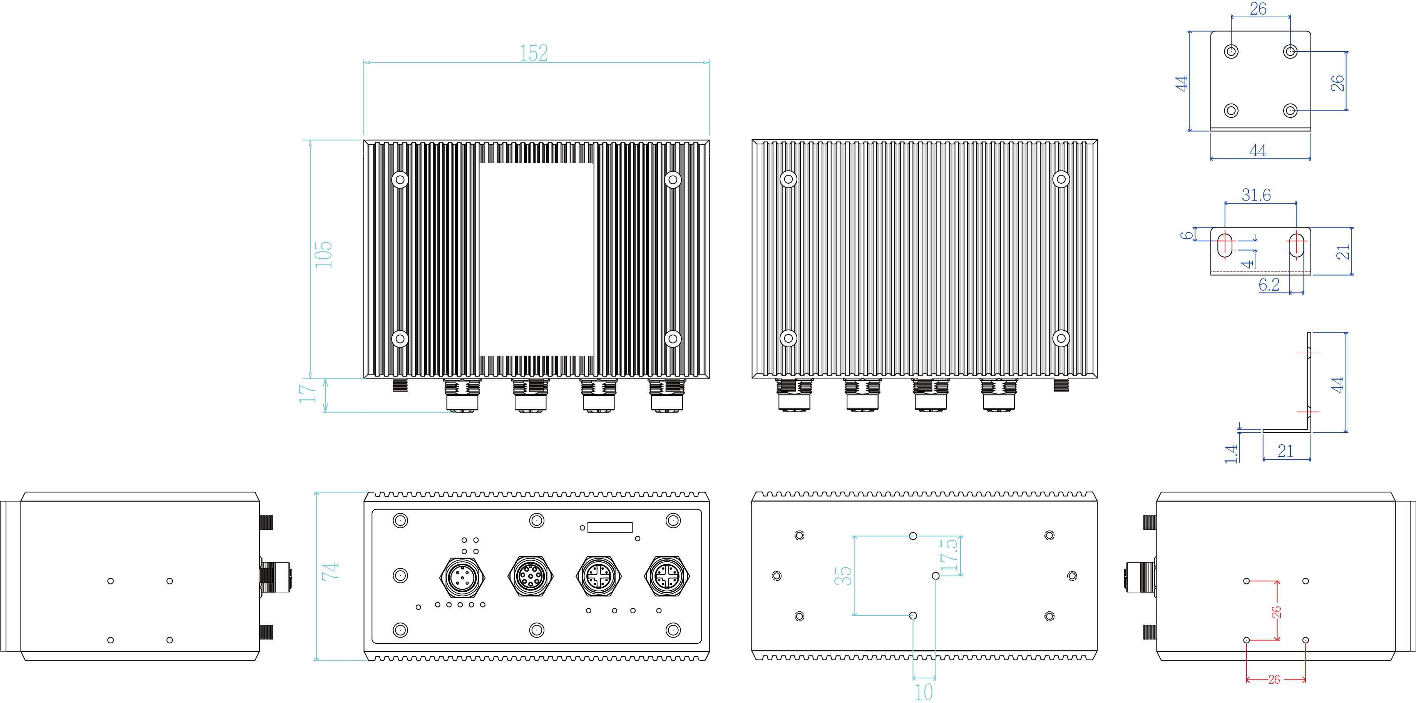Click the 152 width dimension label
(534, 53)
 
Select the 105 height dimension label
(323, 254)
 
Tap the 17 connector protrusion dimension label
(307, 394)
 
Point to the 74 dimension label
(330, 572)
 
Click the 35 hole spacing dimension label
(843, 576)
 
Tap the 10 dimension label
(924, 692)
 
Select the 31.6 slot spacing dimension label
(1256, 195)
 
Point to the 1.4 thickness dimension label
(1232, 454)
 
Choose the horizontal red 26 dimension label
(1274, 680)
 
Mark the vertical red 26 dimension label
(1276, 612)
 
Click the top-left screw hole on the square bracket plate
(1231, 52)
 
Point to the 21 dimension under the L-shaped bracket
(1285, 451)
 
